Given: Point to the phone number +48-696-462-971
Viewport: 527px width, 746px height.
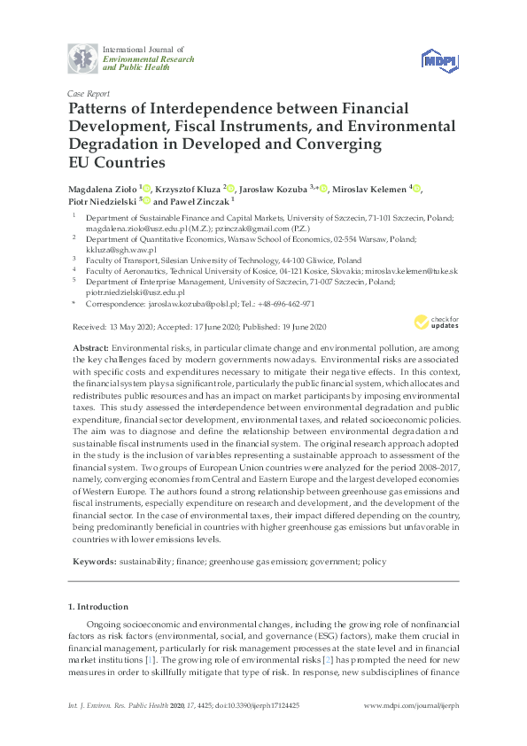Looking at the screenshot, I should pyautogui.click(x=284, y=303).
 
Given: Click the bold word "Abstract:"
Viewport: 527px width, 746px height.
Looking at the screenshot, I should pyautogui.click(x=92, y=350).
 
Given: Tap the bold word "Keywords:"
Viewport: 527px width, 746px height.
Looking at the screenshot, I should pyautogui.click(x=93, y=561).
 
